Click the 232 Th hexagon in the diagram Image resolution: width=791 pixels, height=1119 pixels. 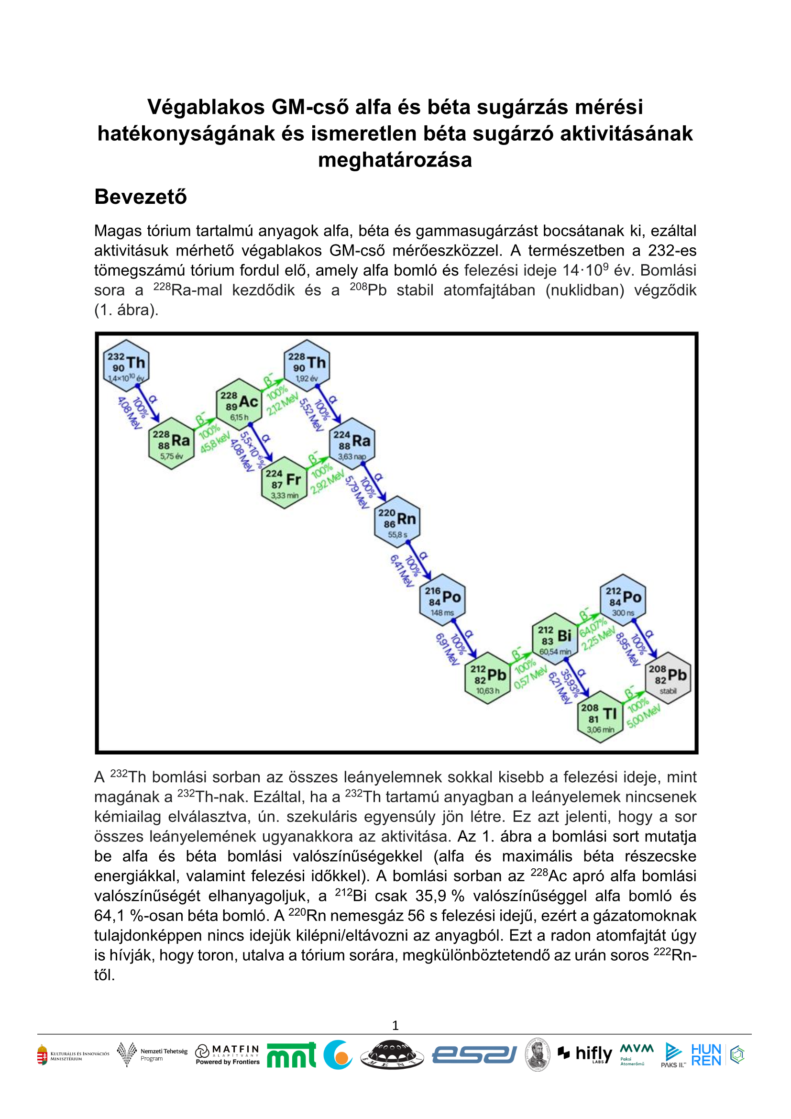click(126, 365)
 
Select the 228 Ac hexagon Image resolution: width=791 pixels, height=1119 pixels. click(239, 404)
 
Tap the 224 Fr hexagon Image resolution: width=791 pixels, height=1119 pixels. click(284, 483)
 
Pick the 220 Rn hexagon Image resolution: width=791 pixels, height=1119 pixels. click(397, 521)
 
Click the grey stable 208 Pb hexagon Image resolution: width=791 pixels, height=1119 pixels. click(668, 677)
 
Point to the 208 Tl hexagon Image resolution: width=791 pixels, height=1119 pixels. click(600, 717)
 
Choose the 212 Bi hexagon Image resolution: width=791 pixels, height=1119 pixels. click(555, 639)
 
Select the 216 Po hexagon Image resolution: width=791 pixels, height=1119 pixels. click(442, 599)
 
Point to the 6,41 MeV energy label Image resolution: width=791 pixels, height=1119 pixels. click(401, 571)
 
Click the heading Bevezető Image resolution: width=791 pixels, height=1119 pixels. click(140, 197)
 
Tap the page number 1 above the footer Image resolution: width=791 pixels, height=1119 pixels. click(395, 1025)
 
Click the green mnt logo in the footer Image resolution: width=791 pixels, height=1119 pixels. click(291, 1055)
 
